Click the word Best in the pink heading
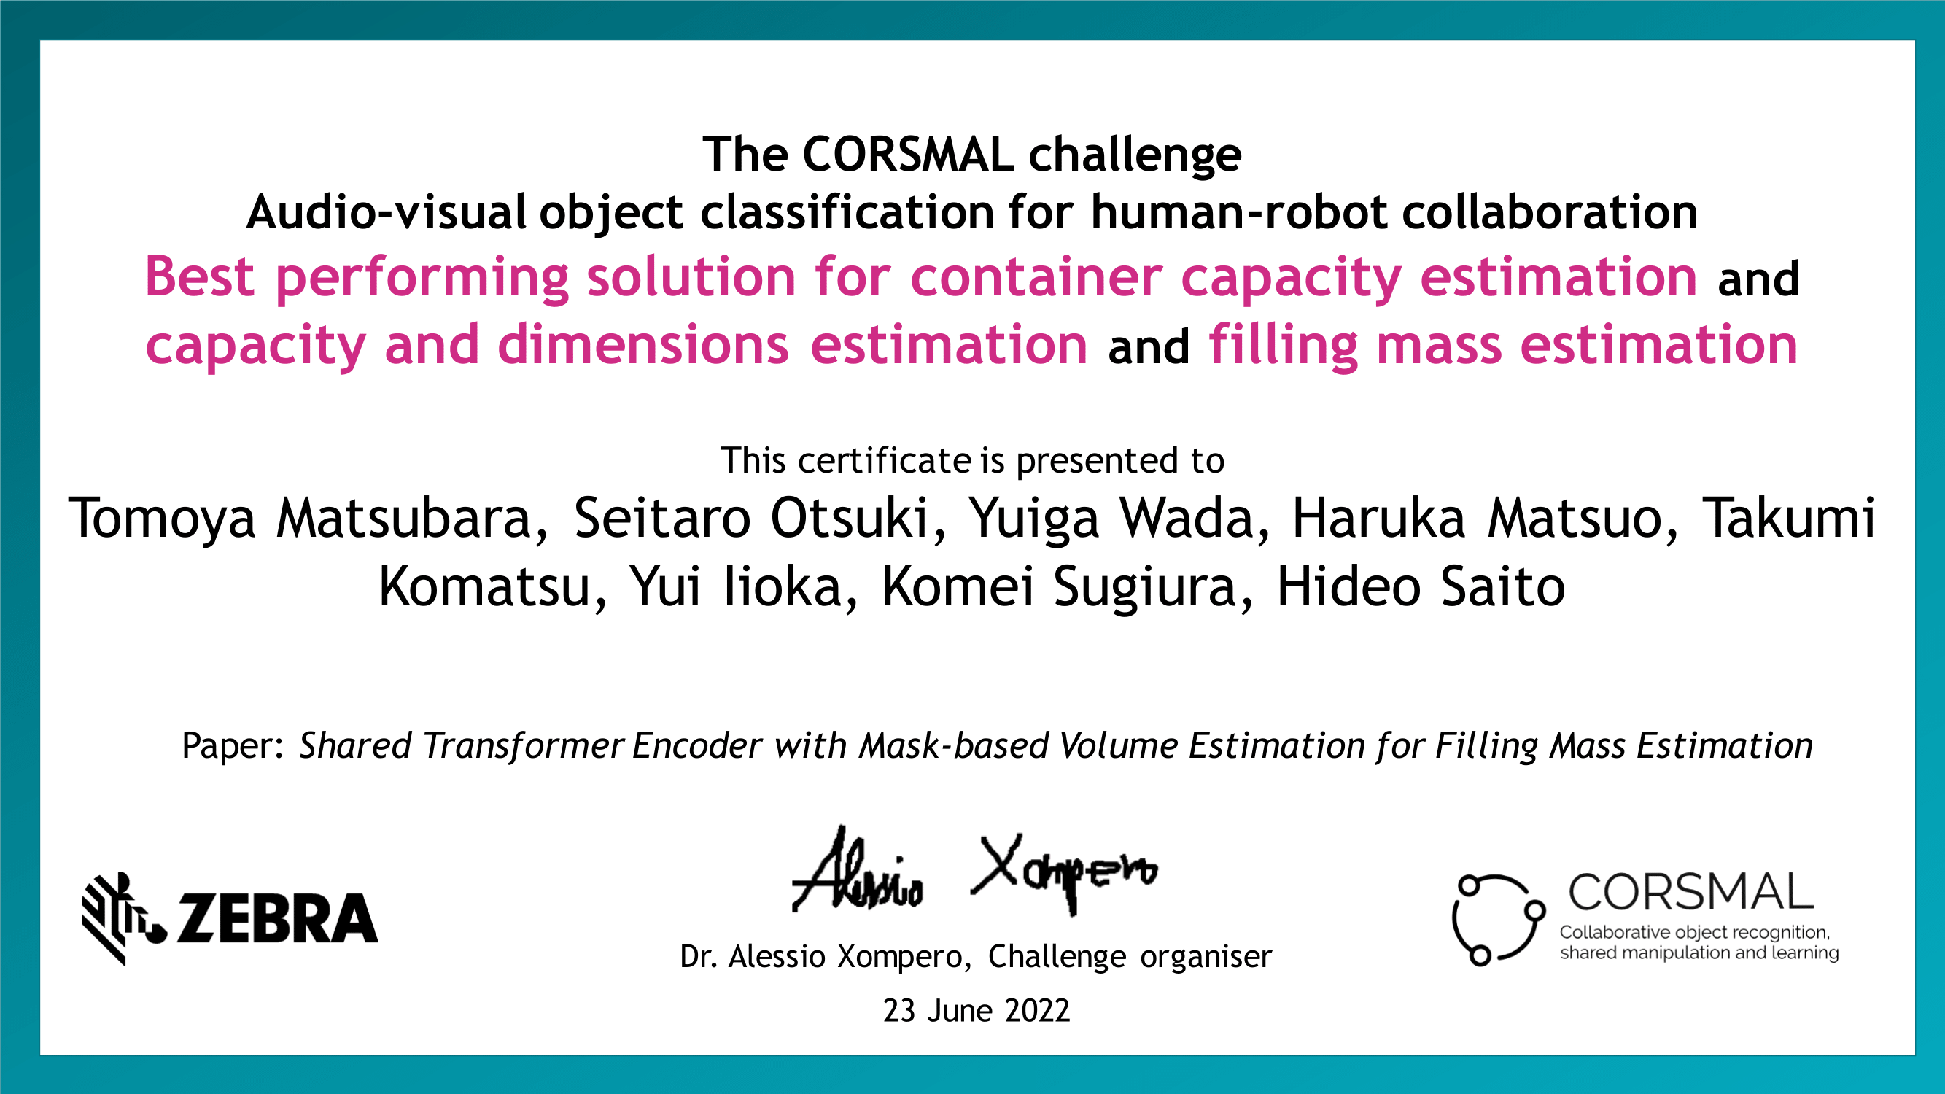click(x=199, y=278)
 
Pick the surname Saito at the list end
click(x=1503, y=586)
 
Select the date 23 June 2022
click(x=977, y=1011)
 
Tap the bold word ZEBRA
click(x=277, y=919)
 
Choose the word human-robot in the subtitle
click(x=1238, y=212)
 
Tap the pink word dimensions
click(x=643, y=346)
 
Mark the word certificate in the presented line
click(x=885, y=460)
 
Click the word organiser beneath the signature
click(x=1206, y=958)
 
